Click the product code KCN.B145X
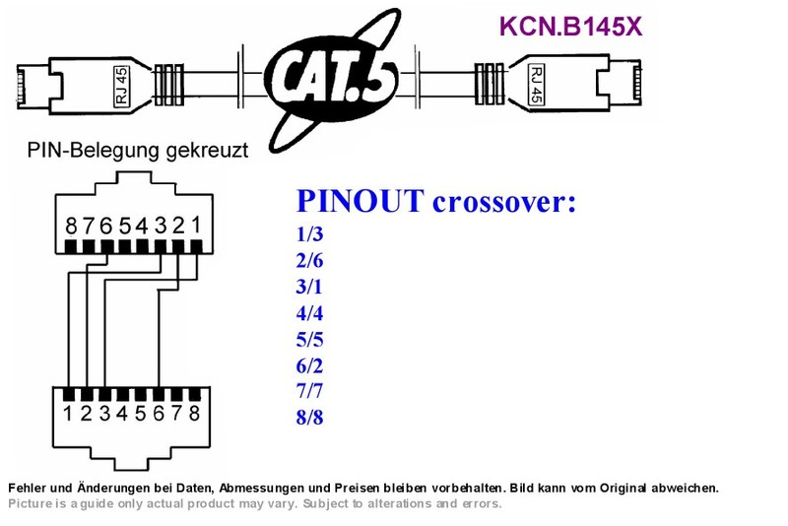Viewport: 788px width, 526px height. [x=571, y=27]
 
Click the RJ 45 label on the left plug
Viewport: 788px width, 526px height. [x=122, y=86]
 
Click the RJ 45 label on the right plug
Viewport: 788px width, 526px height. [x=536, y=85]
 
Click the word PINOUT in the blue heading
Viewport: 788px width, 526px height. [x=361, y=201]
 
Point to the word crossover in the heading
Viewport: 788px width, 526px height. [x=504, y=202]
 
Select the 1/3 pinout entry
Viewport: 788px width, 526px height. [x=309, y=234]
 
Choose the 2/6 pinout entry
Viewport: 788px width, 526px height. [x=309, y=261]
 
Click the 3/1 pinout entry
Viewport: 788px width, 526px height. [x=309, y=287]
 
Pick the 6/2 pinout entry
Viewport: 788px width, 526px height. [x=309, y=365]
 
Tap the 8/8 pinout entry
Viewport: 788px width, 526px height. [x=309, y=417]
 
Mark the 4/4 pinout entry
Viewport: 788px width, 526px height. [x=309, y=313]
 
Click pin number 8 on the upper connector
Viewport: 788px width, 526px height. [x=71, y=227]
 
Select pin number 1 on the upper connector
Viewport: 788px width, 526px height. [x=196, y=225]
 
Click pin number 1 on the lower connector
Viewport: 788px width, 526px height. [x=67, y=414]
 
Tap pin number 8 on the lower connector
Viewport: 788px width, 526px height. [x=194, y=413]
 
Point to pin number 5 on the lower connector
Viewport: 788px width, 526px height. [x=140, y=414]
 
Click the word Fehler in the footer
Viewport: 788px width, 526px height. [x=28, y=488]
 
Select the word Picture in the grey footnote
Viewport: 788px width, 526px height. [x=31, y=503]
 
